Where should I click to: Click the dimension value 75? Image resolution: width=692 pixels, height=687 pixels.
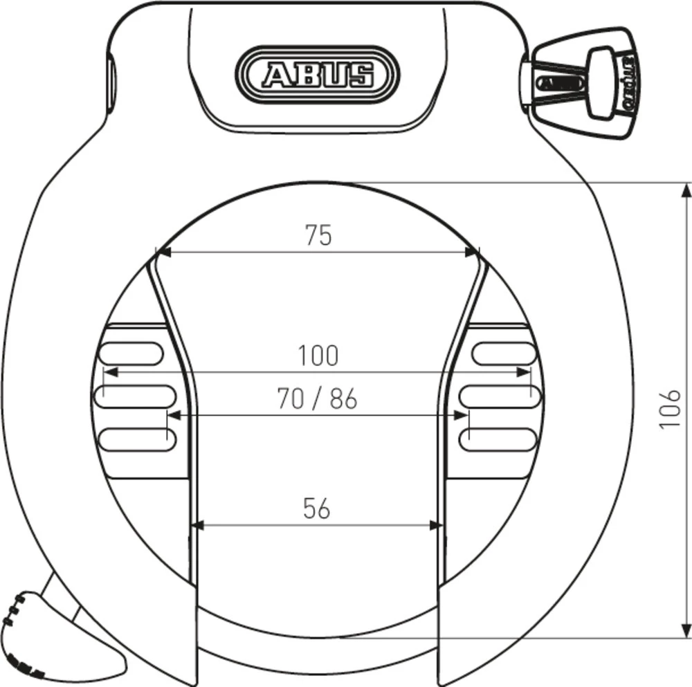point(318,235)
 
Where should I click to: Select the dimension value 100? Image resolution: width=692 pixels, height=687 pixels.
point(318,356)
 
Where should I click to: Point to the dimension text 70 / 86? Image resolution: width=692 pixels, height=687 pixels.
point(317,399)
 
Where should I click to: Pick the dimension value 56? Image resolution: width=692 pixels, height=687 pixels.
point(317,509)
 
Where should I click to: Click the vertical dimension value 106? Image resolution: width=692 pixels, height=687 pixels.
point(670,408)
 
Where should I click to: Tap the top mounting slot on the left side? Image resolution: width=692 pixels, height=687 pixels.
point(131,354)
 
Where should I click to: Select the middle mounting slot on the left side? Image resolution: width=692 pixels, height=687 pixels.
point(135,396)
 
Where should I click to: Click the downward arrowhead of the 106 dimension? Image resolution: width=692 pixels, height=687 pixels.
point(686,632)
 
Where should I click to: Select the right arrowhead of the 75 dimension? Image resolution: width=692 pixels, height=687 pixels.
point(473,252)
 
